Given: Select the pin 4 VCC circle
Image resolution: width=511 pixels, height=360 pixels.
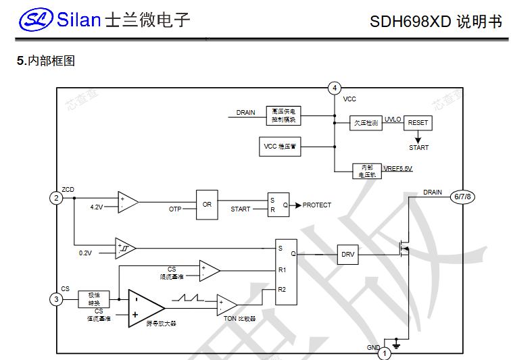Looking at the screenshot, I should [x=335, y=88].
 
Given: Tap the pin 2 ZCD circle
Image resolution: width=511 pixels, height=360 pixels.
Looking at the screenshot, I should [x=56, y=198].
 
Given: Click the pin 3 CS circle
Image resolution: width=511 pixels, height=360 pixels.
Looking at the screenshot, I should [x=56, y=299].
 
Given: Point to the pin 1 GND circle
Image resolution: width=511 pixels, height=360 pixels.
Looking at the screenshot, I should [x=384, y=353].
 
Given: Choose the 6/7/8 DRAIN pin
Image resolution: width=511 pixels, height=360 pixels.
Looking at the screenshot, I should [x=464, y=197].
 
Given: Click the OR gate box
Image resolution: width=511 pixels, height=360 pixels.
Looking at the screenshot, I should [x=207, y=204].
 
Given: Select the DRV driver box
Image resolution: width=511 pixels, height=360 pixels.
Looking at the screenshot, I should [x=347, y=255].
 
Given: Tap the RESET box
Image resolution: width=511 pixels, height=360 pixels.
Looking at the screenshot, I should [x=418, y=123].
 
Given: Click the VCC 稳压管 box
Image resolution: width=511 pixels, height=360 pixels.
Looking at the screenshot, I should [x=281, y=146].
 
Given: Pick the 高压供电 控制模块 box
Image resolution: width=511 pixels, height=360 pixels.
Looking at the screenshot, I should [x=284, y=115].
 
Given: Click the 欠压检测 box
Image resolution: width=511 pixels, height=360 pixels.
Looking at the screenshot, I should [x=366, y=124].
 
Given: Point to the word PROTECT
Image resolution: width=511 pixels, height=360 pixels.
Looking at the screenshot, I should [x=316, y=205].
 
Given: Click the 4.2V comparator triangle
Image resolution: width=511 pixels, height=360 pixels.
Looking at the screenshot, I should [x=126, y=201].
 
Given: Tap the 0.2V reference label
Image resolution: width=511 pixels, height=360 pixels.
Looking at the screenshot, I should [x=85, y=253].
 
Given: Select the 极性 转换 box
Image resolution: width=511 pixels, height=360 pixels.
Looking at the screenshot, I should [x=93, y=299].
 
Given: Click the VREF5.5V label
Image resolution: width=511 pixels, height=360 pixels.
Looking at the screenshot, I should [x=398, y=168].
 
